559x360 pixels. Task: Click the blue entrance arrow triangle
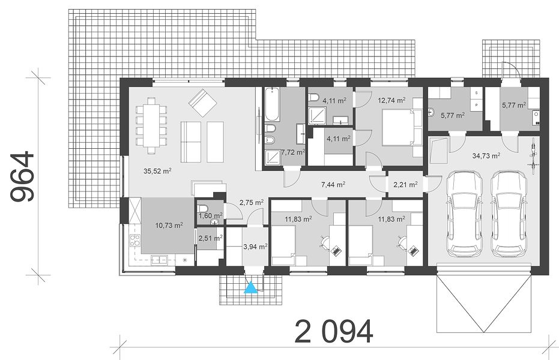click(251, 287)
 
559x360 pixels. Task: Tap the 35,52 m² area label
click(157, 171)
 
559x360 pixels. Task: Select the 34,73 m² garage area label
click(486, 155)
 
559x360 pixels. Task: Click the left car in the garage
click(464, 213)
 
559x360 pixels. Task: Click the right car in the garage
click(509, 213)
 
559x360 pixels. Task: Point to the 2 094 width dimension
click(334, 332)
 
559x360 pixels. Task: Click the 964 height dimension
click(23, 176)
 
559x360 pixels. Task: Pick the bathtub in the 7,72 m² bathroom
click(273, 104)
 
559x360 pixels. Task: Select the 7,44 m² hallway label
click(333, 184)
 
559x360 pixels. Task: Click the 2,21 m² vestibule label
click(405, 184)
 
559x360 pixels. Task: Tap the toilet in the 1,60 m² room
click(202, 208)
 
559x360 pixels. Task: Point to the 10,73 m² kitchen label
click(169, 225)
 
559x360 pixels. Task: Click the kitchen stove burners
click(134, 241)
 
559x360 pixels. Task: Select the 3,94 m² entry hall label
click(255, 247)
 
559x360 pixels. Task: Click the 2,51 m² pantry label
click(210, 238)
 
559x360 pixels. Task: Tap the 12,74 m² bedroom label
click(391, 100)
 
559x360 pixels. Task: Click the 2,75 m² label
click(252, 202)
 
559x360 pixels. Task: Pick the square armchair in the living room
click(202, 103)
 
